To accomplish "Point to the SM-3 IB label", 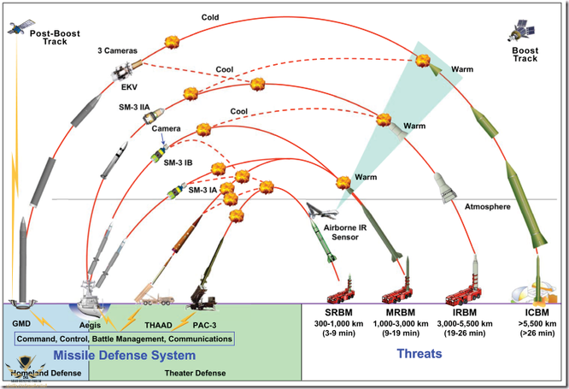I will click(178, 162).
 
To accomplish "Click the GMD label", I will click(23, 326).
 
